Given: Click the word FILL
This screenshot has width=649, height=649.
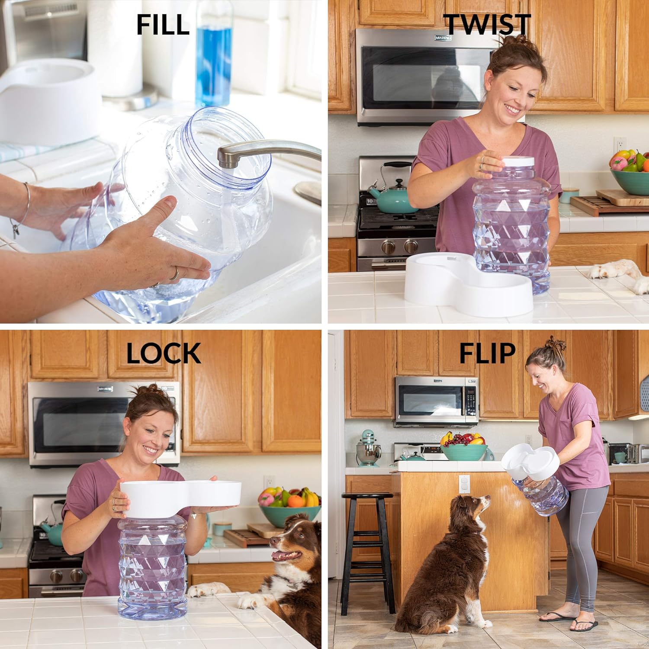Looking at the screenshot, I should (x=163, y=25).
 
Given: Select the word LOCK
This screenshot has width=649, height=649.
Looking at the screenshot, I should (x=164, y=353).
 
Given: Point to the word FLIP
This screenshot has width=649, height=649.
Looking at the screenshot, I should (x=487, y=353).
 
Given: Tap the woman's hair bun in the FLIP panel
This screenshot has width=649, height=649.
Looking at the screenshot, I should (x=556, y=345).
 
